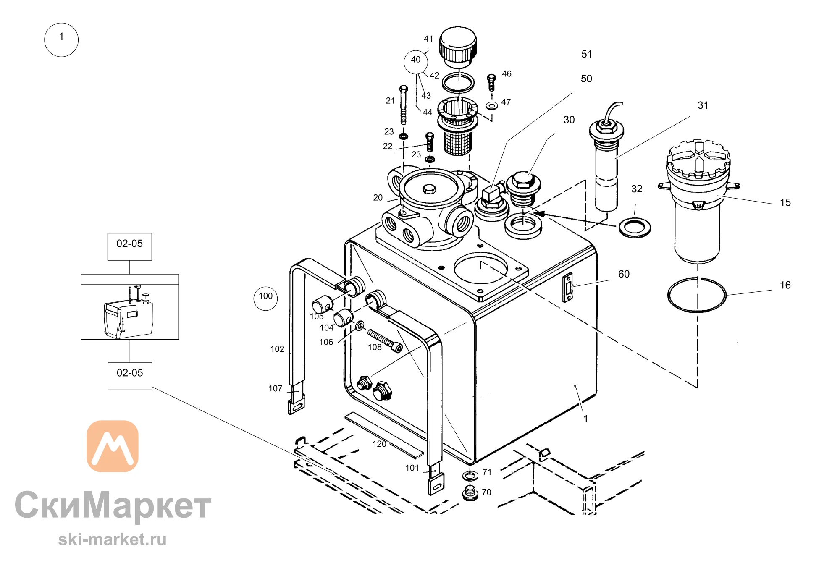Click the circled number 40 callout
point(415,62)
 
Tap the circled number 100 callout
point(265,298)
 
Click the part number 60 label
point(624,274)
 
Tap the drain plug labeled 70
point(470,492)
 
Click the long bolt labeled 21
point(403,105)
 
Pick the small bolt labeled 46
point(491,82)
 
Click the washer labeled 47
point(491,105)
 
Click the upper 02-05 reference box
point(129,247)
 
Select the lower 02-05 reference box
point(130,376)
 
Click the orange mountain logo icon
point(113,446)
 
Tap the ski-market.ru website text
point(112,539)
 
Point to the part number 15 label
point(785,203)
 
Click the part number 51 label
point(587,54)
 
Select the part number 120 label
point(379,444)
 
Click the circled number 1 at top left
point(61,40)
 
